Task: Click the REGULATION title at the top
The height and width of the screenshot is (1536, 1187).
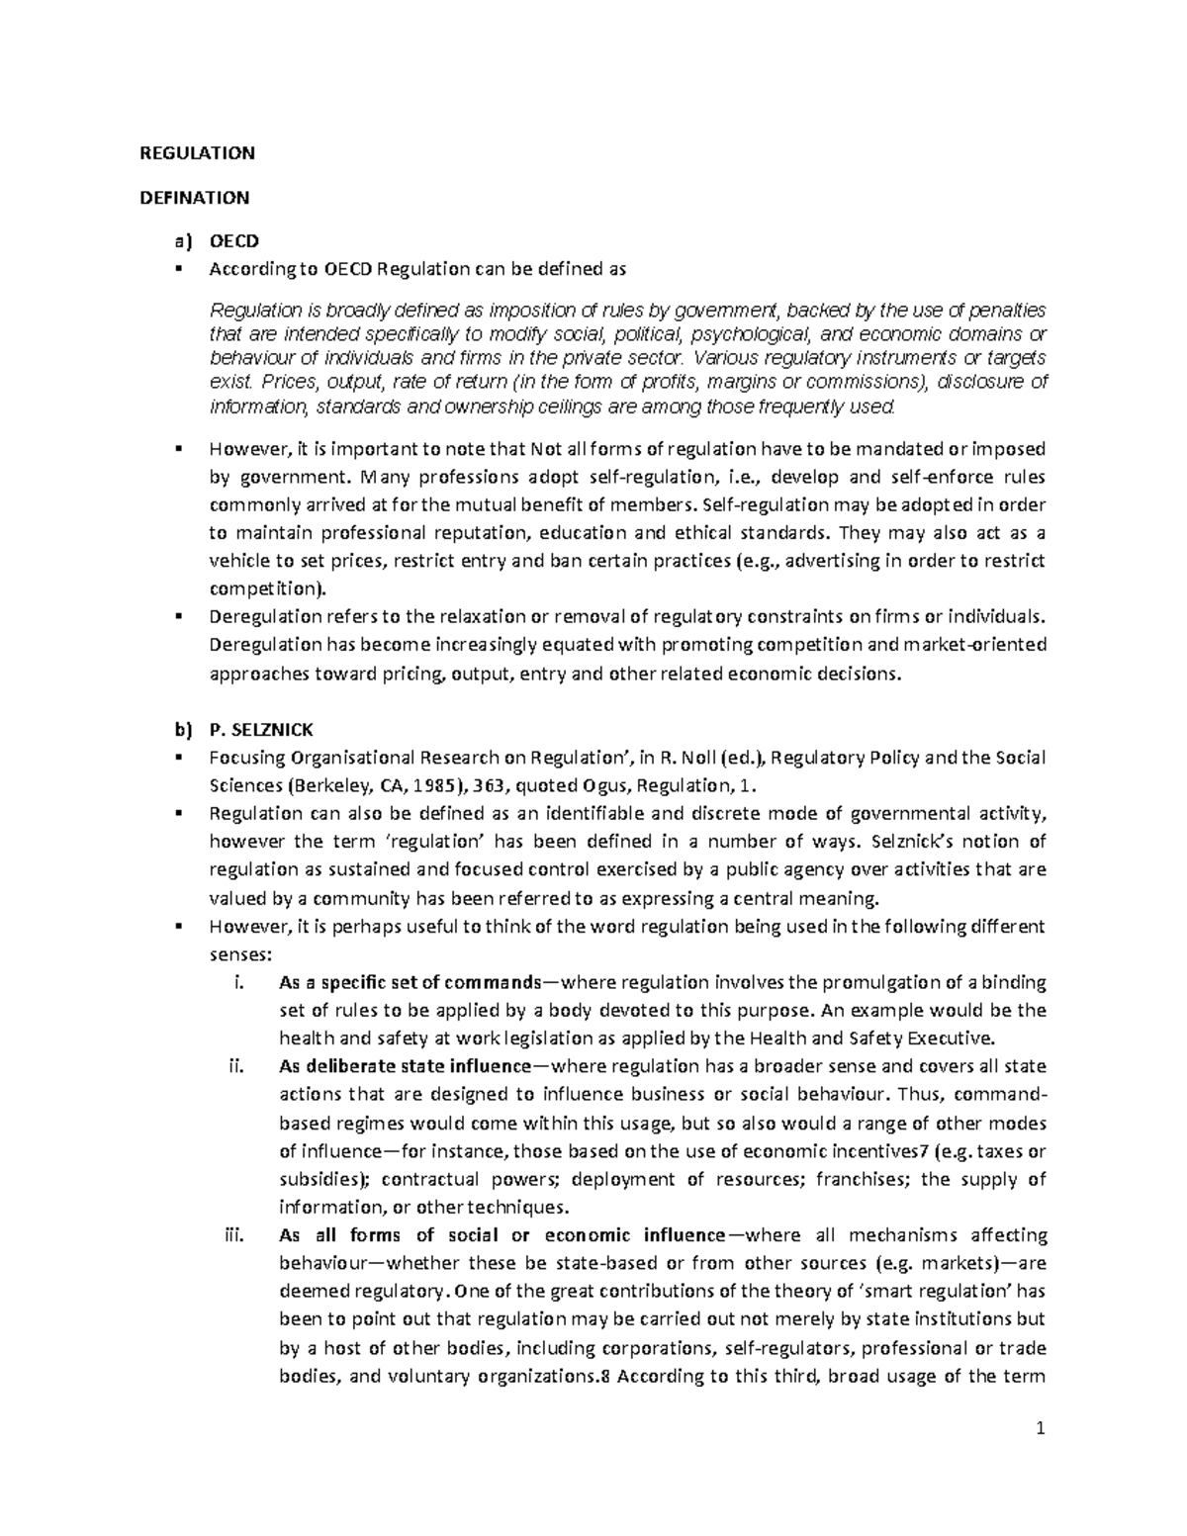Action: click(x=197, y=152)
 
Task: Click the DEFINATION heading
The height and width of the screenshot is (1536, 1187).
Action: click(x=194, y=197)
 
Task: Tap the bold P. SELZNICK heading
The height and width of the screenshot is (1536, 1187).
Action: click(x=261, y=730)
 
